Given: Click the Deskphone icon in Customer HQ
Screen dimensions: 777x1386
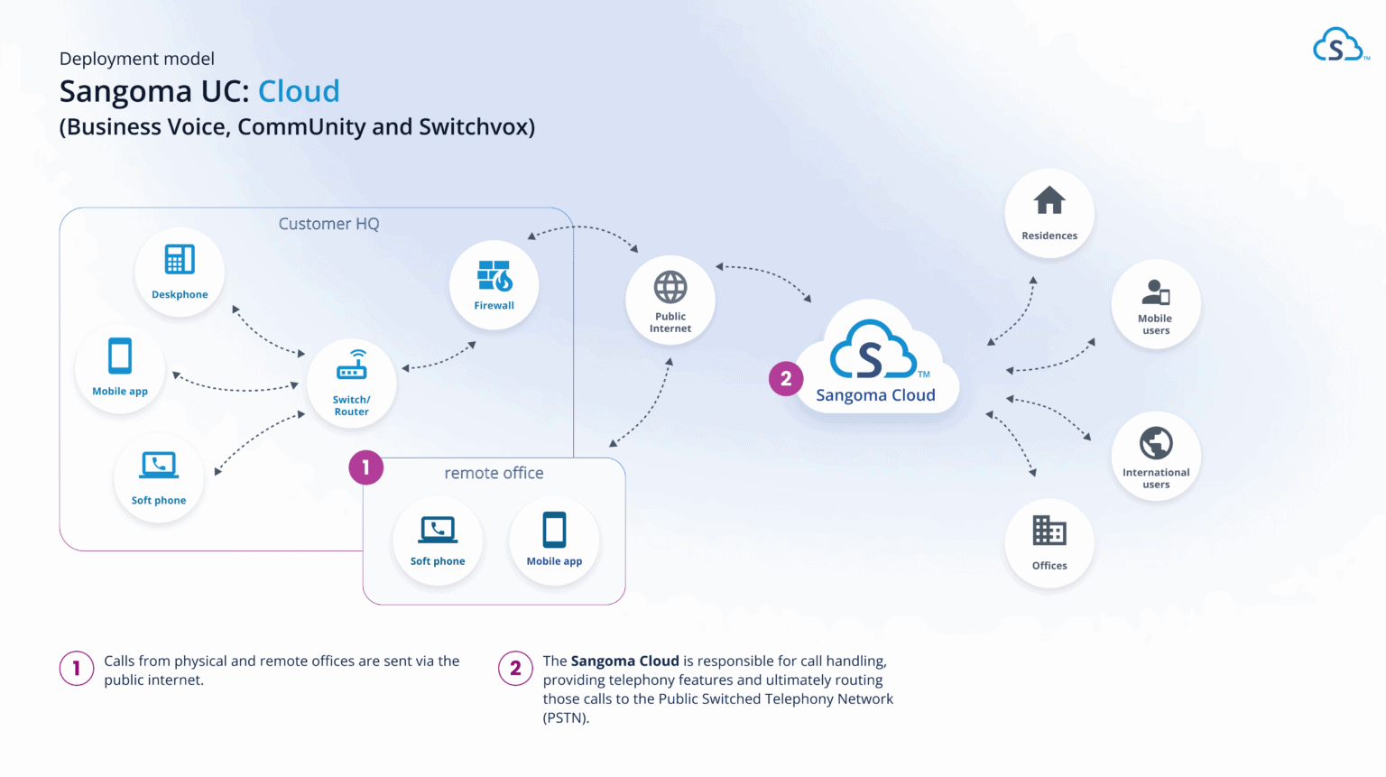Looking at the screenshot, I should pos(180,260).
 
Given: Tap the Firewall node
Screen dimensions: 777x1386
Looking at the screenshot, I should pos(494,283).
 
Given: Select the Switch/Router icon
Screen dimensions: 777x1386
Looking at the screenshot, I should pos(352,366).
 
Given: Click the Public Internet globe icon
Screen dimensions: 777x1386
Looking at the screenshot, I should pos(670,288).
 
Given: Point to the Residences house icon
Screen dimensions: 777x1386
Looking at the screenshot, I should pos(1049,200).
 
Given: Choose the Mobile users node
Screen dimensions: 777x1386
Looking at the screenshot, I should pos(1156,303).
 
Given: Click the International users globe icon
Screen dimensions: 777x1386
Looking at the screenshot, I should pos(1156,443).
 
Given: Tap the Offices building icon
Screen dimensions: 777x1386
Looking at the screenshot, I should pos(1049,531).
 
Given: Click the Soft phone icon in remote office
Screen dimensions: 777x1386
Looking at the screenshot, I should pos(438,529).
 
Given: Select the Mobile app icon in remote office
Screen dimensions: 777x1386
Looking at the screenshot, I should pos(554,530).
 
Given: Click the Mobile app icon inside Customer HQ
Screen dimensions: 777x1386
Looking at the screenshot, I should pos(120,356).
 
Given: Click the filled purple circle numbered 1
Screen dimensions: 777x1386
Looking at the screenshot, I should pos(365,467).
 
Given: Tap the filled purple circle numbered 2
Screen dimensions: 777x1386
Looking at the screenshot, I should pos(786,379).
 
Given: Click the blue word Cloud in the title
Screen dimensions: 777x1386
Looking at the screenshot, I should pos(299,91).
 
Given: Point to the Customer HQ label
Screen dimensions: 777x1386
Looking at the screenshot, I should pos(328,224).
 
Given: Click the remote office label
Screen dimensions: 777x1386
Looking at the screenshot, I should pos(494,473).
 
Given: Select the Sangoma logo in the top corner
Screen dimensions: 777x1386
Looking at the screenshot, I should pos(1338,45).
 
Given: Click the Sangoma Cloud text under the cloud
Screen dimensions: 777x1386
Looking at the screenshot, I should pos(875,395).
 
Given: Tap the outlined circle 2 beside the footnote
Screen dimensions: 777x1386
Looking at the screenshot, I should pos(515,669).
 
